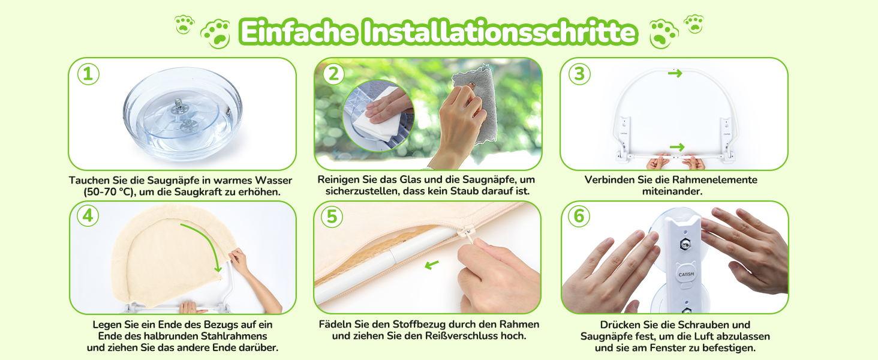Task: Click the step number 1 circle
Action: tap(88, 74)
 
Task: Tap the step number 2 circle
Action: tap(333, 74)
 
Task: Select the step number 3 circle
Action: tap(579, 74)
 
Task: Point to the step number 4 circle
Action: tap(88, 215)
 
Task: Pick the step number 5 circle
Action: tap(332, 217)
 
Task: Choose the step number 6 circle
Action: tap(579, 216)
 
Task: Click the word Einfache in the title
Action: tap(298, 32)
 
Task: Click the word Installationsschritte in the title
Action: tap(500, 32)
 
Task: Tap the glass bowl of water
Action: tap(183, 114)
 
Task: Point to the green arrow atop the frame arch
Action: tap(675, 73)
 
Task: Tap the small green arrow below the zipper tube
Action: tap(432, 265)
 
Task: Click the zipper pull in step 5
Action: tap(468, 233)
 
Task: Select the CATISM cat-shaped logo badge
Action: tap(685, 273)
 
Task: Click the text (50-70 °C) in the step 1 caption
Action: tap(109, 192)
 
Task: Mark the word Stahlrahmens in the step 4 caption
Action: tap(234, 336)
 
